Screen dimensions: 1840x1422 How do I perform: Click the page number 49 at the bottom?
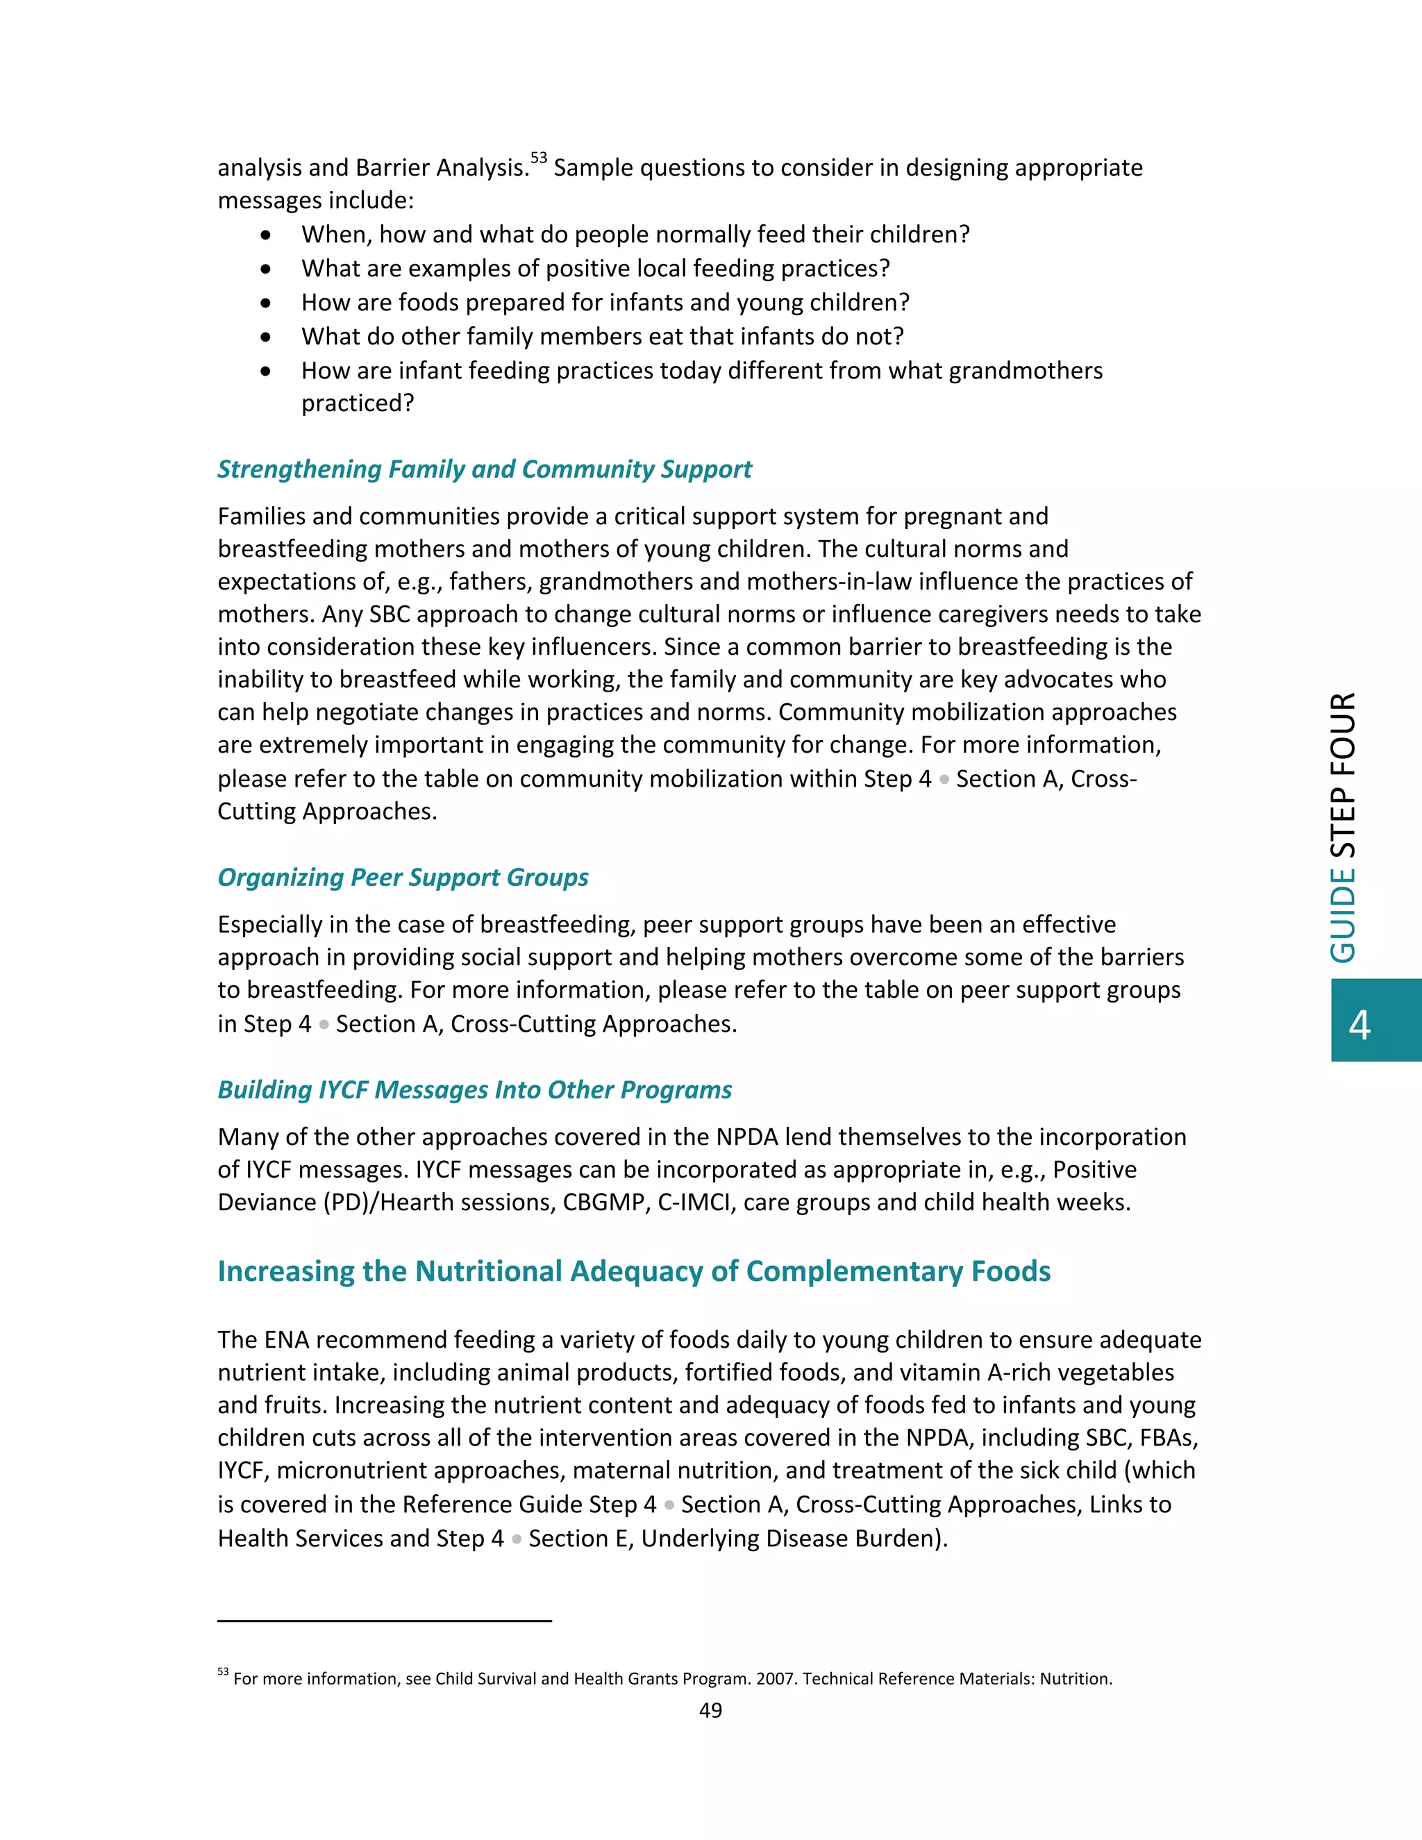click(710, 1709)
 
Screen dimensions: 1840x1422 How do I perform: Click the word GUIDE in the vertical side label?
click(1343, 916)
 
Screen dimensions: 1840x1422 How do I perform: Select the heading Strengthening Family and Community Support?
click(485, 469)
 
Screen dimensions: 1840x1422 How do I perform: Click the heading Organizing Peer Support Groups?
click(403, 878)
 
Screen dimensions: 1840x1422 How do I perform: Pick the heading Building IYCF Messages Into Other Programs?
click(474, 1090)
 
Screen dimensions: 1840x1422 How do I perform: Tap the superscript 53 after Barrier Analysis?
click(538, 158)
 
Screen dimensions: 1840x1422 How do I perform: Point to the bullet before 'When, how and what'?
click(266, 235)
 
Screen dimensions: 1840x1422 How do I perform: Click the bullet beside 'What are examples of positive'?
click(266, 269)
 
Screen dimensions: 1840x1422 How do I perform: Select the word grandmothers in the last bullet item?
click(1026, 371)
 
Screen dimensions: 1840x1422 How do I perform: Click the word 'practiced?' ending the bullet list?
click(357, 403)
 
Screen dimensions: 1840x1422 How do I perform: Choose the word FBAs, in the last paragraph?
click(1166, 1437)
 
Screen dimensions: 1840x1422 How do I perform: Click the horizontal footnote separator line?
click(384, 1620)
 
